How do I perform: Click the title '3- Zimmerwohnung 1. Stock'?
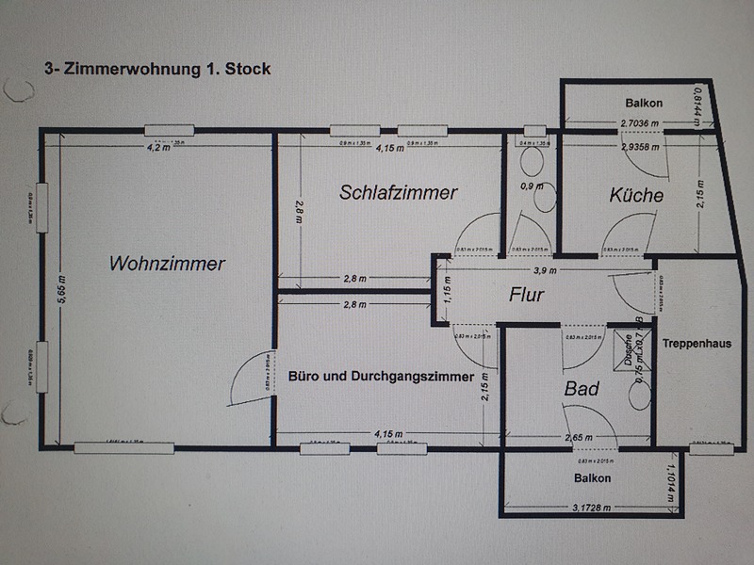[157, 69]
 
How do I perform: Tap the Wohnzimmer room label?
[167, 264]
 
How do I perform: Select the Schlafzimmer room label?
[399, 193]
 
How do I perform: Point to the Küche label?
[636, 196]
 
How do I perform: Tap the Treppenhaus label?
[697, 344]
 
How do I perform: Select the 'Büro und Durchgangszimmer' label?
[382, 377]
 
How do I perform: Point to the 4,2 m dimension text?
[157, 147]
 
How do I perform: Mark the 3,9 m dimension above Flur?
[544, 270]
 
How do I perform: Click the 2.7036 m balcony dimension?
[639, 123]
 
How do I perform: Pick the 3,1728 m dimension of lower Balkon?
[591, 508]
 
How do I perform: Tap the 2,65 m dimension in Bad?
[578, 438]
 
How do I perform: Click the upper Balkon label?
[644, 103]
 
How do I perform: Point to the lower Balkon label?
[592, 478]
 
